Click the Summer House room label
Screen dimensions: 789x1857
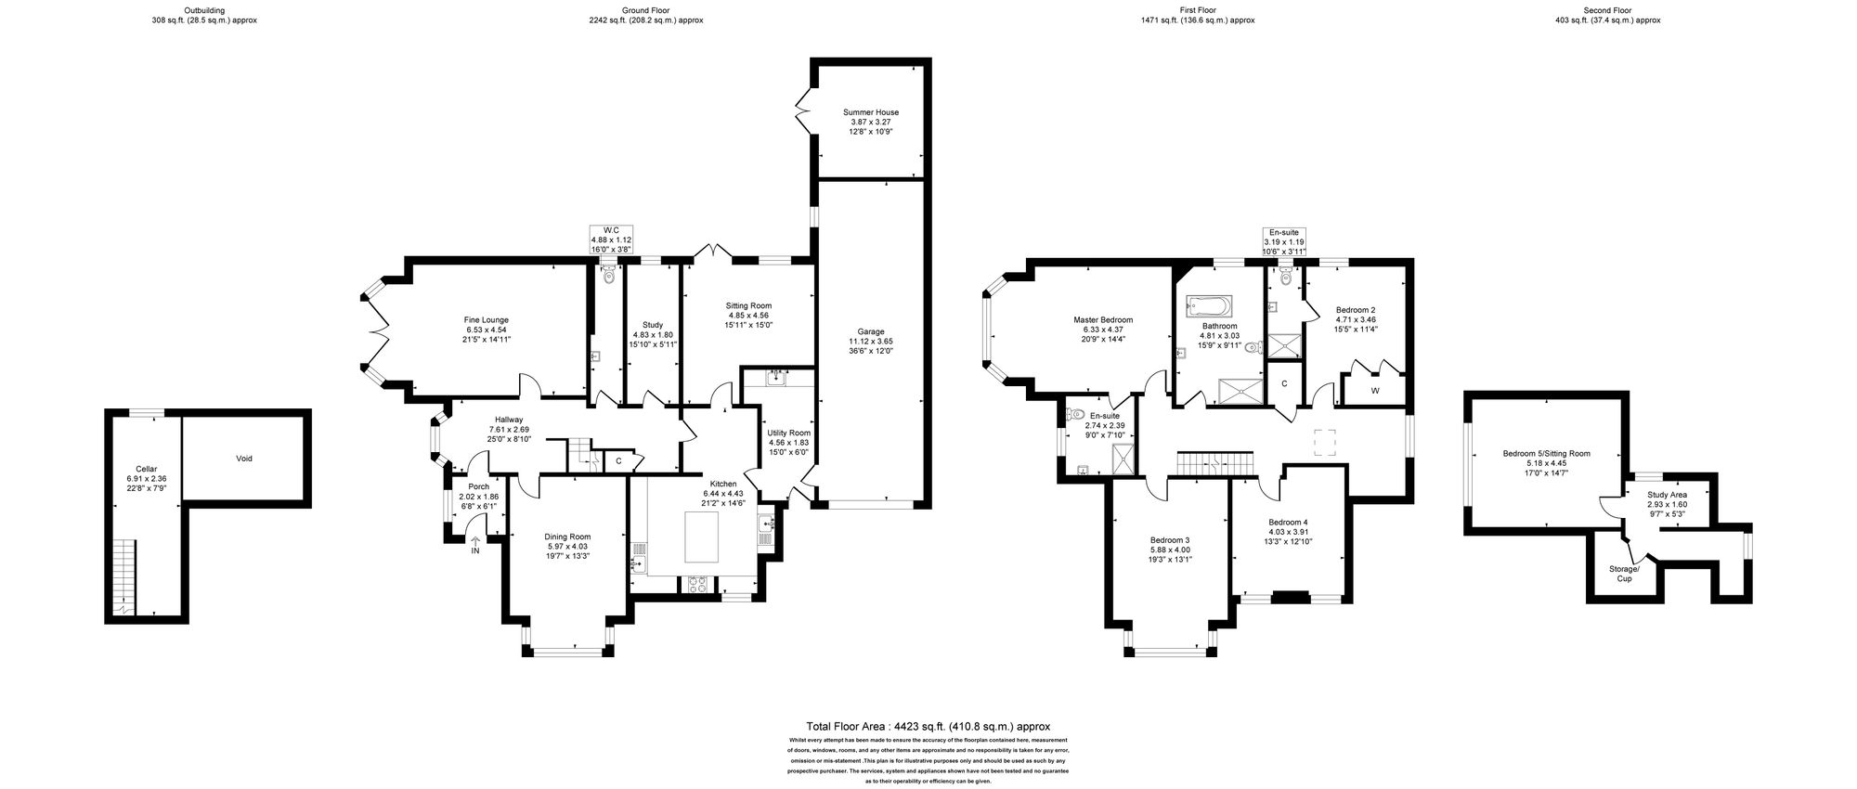pyautogui.click(x=871, y=112)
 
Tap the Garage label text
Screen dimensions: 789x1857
pyautogui.click(x=871, y=331)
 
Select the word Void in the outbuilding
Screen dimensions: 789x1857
pyautogui.click(x=244, y=458)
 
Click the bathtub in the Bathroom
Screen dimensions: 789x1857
pyautogui.click(x=1208, y=305)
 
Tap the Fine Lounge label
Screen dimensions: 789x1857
pyautogui.click(x=487, y=320)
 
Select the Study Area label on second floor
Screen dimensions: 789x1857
pyautogui.click(x=1668, y=495)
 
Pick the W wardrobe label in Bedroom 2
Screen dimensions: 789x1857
pyautogui.click(x=1374, y=391)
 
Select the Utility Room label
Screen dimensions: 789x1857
pyautogui.click(x=788, y=433)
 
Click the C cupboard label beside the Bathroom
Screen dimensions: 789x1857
pyautogui.click(x=1284, y=383)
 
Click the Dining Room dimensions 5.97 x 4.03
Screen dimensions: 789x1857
pyautogui.click(x=566, y=547)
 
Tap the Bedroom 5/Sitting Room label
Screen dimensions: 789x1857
pyautogui.click(x=1546, y=454)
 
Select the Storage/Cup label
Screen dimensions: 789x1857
pyautogui.click(x=1625, y=574)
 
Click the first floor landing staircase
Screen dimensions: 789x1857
pyautogui.click(x=1215, y=461)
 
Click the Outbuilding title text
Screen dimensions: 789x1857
pyautogui.click(x=204, y=9)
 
